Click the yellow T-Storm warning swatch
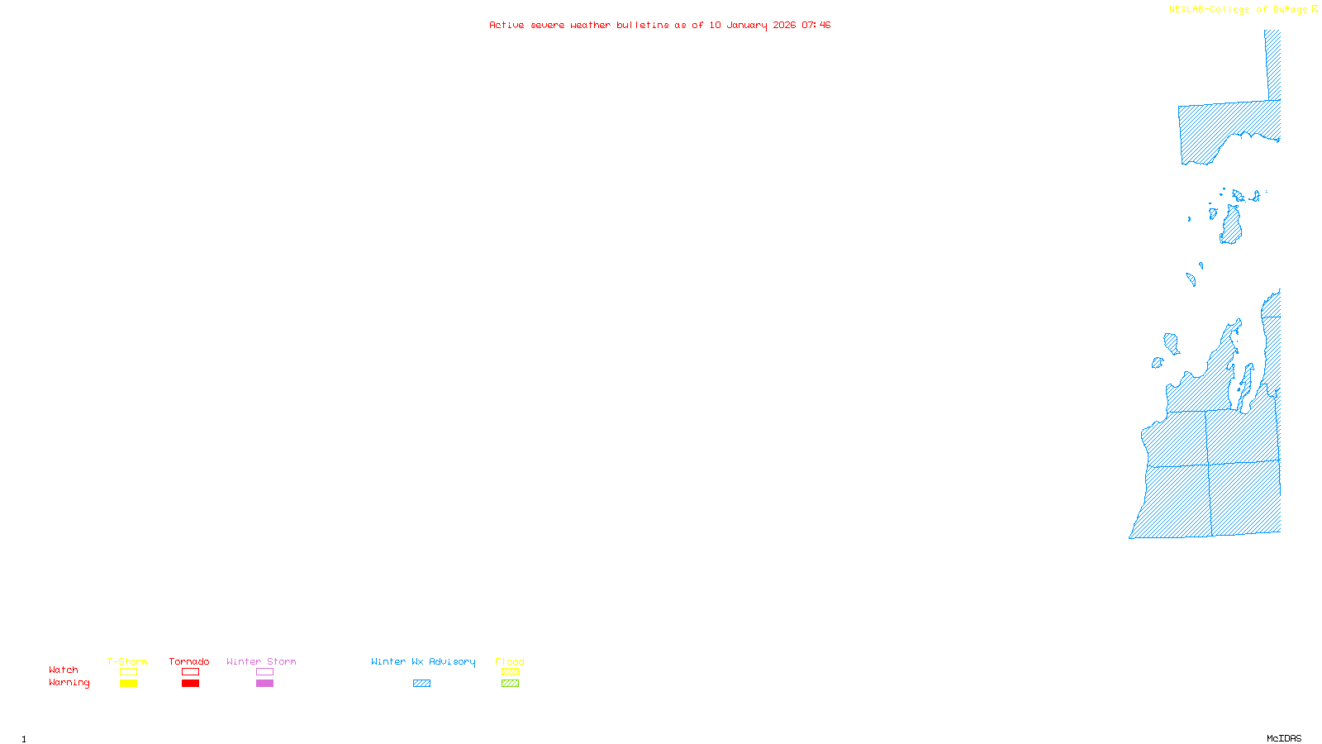coord(128,684)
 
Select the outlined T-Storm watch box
coord(128,672)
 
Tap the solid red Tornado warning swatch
coord(190,684)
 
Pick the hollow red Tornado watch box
coord(190,672)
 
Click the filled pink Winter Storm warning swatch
coord(264,684)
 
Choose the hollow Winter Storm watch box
coord(264,672)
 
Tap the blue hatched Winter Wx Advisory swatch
coord(421,684)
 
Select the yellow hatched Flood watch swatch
coord(510,672)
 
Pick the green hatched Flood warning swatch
coord(510,684)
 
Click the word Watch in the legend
coord(64,670)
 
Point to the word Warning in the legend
coord(69,683)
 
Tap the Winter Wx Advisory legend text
coord(423,661)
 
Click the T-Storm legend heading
coord(127,661)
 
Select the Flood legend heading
coord(510,661)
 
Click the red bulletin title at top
coord(659,25)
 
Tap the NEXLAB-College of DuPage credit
coord(1239,9)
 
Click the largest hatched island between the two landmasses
coord(1231,226)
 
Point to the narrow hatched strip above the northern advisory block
coord(1274,64)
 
